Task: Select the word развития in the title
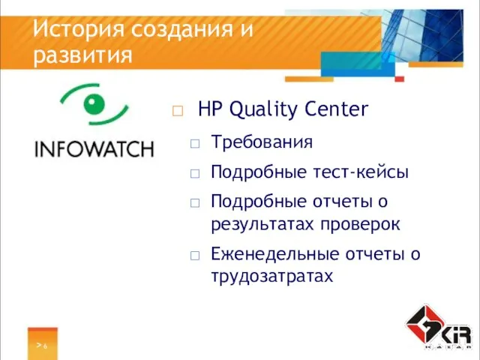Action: point(83,55)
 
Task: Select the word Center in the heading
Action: point(337,110)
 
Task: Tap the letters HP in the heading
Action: point(210,110)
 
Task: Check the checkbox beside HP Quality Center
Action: point(178,112)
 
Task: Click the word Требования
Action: point(262,142)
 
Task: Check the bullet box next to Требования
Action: point(195,142)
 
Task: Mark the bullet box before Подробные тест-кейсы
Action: point(195,173)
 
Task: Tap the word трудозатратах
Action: point(271,276)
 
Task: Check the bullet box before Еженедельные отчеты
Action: point(195,255)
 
